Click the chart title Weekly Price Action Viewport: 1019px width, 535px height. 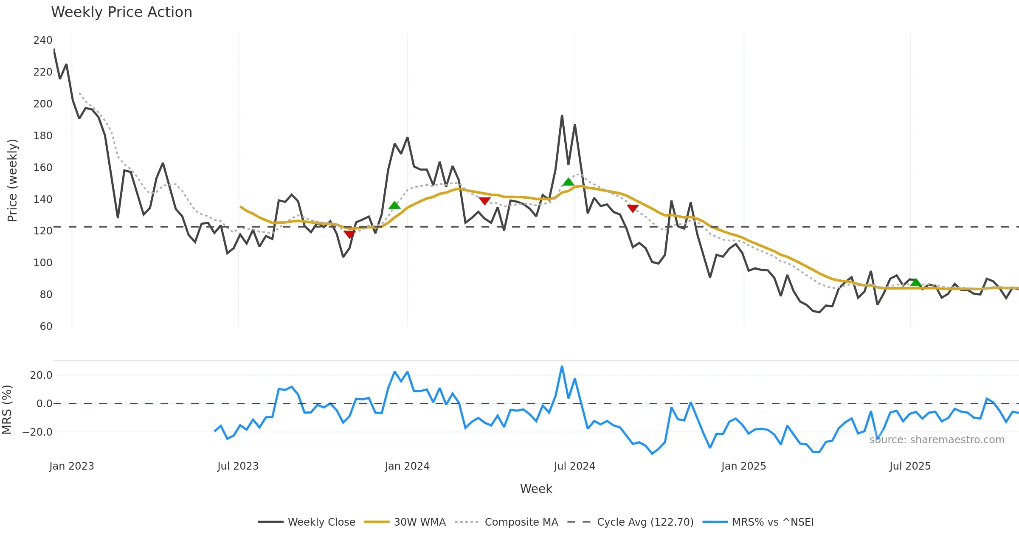[x=121, y=12]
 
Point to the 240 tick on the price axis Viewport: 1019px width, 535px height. [x=43, y=40]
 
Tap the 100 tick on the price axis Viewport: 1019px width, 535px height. [x=43, y=263]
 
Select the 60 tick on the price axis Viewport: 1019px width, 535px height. [x=46, y=327]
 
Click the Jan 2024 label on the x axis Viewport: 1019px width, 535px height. [x=407, y=466]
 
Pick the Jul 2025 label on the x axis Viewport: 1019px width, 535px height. [x=910, y=466]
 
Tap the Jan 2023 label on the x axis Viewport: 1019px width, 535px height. [x=71, y=466]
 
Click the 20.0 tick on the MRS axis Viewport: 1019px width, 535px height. [x=41, y=375]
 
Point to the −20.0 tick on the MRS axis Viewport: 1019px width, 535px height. [x=37, y=432]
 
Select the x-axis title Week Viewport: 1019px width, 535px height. [x=536, y=489]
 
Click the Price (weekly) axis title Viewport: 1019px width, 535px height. [x=12, y=180]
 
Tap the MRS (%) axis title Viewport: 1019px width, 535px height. [x=7, y=410]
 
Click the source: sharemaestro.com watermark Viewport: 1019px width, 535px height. [x=937, y=440]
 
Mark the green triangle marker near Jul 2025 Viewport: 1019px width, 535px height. [x=916, y=282]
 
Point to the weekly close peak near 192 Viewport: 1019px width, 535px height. [x=562, y=115]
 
